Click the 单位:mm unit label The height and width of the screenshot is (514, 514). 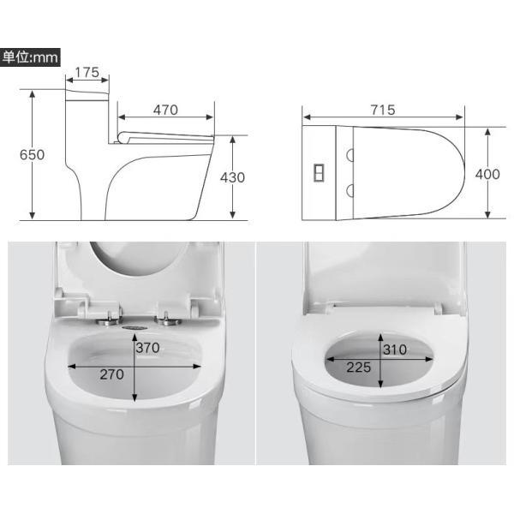click(x=29, y=58)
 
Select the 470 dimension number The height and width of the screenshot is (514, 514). click(x=165, y=110)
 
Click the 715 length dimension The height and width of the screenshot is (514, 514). click(x=383, y=110)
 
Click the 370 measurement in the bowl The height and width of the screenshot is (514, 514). click(x=148, y=349)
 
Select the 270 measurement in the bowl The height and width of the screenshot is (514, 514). click(x=111, y=374)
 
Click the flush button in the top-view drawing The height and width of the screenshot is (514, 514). click(x=320, y=172)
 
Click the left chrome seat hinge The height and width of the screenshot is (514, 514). click(x=111, y=321)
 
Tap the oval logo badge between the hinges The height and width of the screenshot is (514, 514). click(x=135, y=326)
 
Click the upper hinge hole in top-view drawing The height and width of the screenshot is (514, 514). click(x=350, y=155)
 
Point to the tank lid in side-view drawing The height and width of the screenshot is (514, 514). click(x=87, y=89)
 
